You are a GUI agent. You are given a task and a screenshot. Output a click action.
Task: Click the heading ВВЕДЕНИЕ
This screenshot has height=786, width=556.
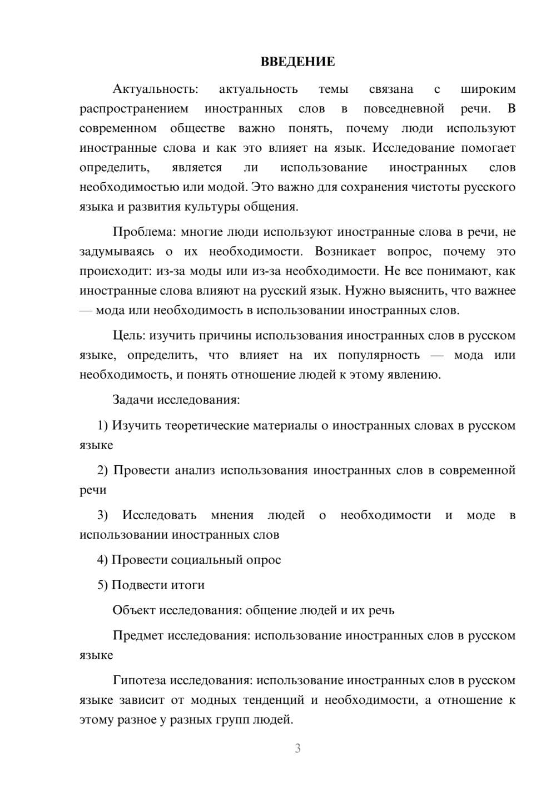(x=297, y=62)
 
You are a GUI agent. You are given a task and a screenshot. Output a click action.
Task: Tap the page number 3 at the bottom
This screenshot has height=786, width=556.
(x=297, y=748)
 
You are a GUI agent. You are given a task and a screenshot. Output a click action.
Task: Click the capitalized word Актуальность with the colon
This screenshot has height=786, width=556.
(x=155, y=89)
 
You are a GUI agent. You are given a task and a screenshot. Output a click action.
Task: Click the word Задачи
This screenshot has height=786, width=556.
(x=133, y=400)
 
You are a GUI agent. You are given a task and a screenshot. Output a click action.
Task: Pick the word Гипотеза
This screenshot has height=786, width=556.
(x=139, y=680)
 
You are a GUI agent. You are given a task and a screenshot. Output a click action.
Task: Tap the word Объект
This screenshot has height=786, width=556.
(x=134, y=610)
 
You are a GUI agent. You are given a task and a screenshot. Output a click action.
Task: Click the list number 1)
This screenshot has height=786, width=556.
(x=102, y=425)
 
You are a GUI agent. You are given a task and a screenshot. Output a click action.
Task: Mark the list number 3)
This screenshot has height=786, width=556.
(x=102, y=515)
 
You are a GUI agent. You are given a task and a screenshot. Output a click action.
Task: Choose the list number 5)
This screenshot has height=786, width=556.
(x=102, y=585)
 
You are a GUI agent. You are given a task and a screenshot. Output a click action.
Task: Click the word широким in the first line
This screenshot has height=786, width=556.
(x=488, y=89)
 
